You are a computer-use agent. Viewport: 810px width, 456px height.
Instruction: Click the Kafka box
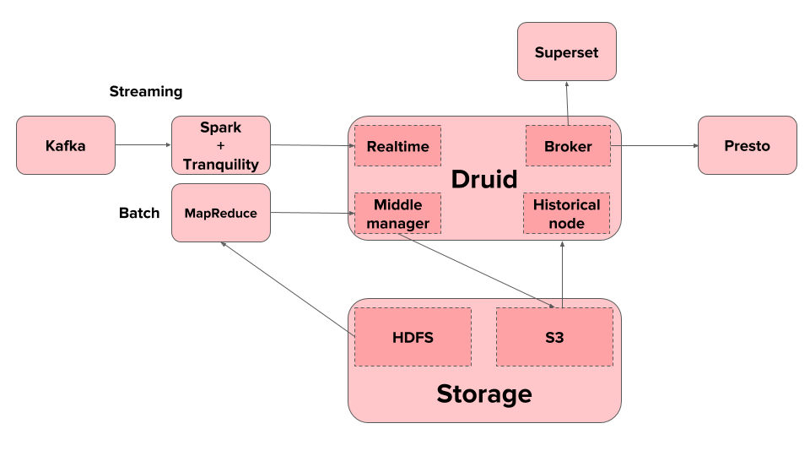coord(66,145)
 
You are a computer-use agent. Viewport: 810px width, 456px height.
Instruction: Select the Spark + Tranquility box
coord(221,145)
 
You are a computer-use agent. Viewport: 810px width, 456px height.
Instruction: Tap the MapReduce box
coord(221,213)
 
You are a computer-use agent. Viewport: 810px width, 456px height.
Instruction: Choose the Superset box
coord(567,52)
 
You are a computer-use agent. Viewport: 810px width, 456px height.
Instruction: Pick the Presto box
coord(747,145)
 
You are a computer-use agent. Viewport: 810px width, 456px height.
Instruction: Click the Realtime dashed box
coord(397,146)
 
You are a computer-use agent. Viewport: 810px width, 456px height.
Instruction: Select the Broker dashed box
coord(568,146)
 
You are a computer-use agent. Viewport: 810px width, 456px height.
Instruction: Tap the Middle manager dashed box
coord(397,214)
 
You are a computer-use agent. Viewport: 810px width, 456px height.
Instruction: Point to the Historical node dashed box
coord(567,214)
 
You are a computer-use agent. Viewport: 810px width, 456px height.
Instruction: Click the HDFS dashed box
coord(413,337)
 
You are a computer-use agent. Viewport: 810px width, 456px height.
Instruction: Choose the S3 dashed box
coord(555,337)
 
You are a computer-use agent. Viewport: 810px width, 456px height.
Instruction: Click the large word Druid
coord(484,179)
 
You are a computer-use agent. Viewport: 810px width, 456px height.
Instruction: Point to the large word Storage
coord(484,394)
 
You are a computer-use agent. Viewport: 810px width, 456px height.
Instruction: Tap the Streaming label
coord(146,91)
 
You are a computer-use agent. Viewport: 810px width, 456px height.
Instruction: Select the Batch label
coord(139,213)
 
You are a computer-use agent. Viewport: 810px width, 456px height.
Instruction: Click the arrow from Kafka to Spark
coord(143,144)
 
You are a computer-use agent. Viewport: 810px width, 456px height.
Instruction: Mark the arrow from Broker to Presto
coord(655,146)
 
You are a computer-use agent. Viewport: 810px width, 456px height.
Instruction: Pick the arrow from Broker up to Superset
coord(567,103)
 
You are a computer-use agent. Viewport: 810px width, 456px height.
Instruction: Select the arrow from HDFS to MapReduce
coord(288,289)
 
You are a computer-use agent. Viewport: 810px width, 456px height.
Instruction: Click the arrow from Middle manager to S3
coord(476,271)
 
